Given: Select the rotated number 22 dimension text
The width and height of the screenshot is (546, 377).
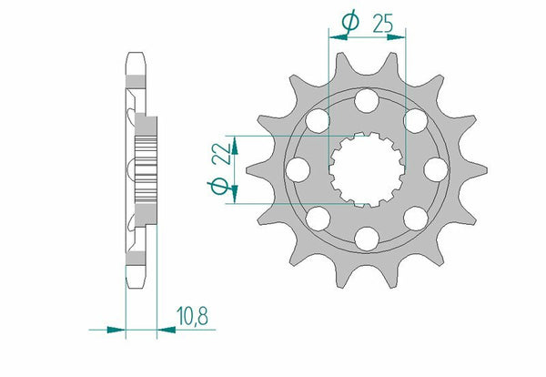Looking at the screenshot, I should click(x=218, y=156).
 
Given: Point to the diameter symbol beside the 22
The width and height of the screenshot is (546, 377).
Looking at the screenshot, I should click(x=218, y=186).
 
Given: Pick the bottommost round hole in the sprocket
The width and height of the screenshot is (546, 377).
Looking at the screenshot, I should click(x=368, y=238).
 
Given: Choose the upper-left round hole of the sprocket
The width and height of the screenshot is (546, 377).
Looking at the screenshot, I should click(x=318, y=119).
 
